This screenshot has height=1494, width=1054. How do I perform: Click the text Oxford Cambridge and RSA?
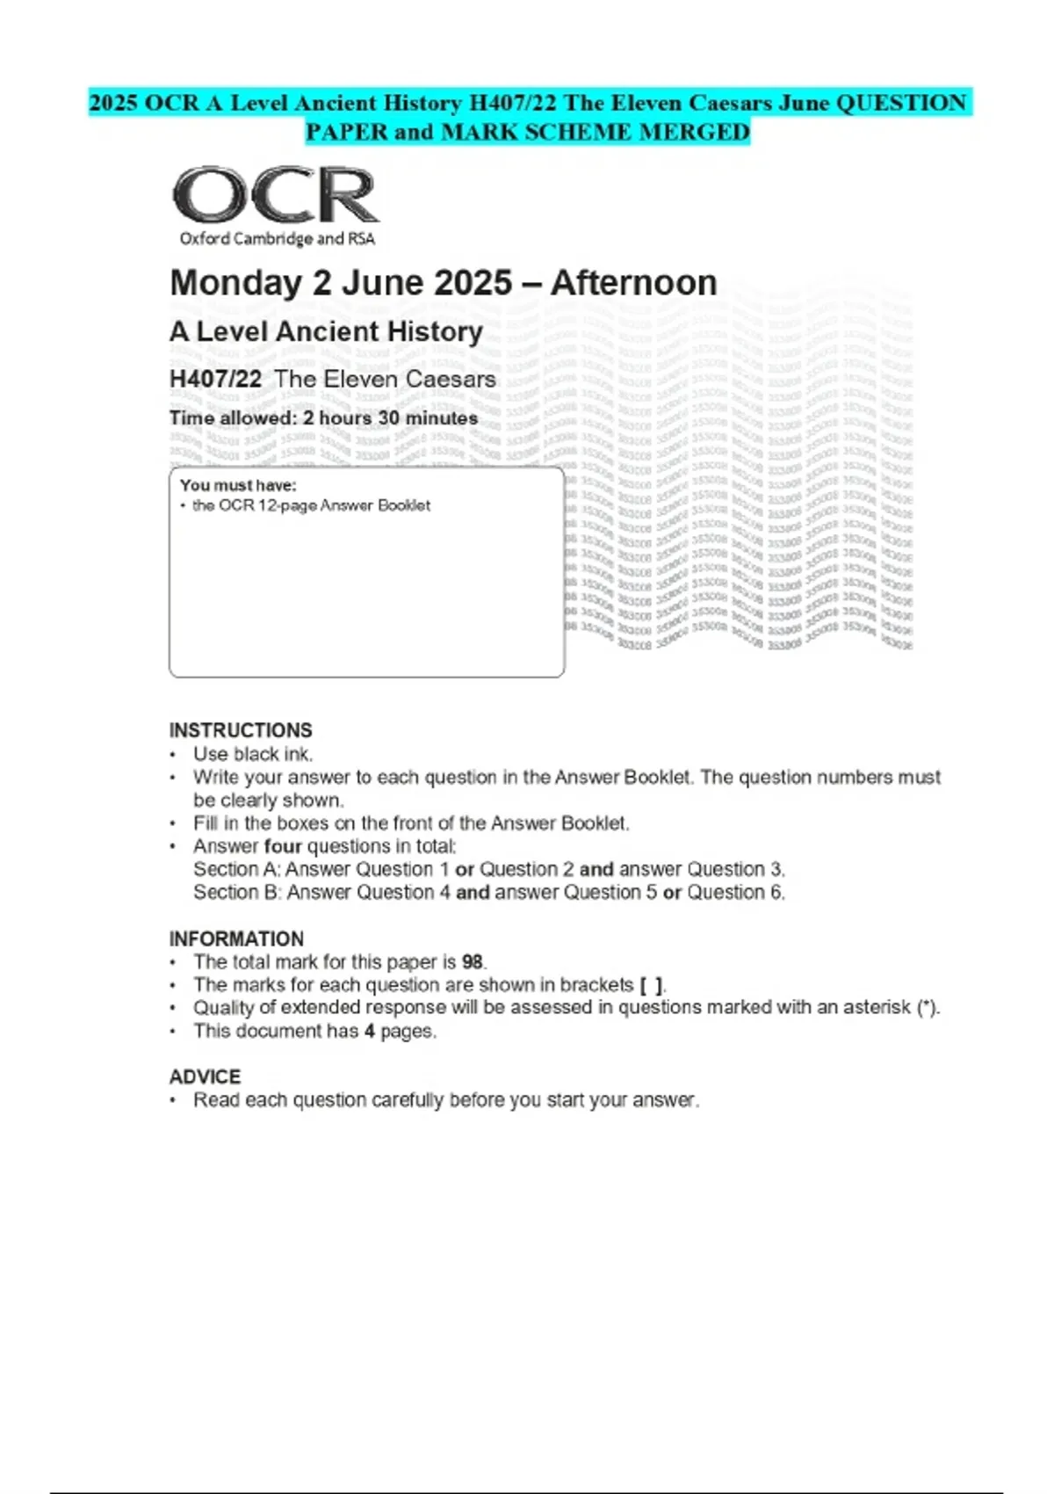click(x=277, y=239)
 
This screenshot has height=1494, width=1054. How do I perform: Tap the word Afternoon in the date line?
click(x=633, y=283)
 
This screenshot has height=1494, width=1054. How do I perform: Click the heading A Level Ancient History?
click(x=326, y=331)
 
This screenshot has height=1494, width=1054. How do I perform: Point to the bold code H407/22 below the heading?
click(x=215, y=380)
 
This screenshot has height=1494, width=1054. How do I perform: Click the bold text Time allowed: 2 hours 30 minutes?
click(x=323, y=418)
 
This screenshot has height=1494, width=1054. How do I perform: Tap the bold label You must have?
click(x=238, y=485)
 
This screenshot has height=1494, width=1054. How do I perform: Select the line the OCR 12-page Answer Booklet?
click(x=311, y=505)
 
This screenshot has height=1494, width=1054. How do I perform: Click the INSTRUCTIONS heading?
click(x=241, y=730)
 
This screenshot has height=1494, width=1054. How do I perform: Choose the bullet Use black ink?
click(x=253, y=754)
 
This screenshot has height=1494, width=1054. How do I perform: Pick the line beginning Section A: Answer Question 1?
click(x=488, y=869)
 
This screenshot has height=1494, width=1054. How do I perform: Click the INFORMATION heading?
click(x=236, y=939)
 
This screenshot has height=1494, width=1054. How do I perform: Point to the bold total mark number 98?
click(x=473, y=962)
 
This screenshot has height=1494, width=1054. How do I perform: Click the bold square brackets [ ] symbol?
click(x=652, y=985)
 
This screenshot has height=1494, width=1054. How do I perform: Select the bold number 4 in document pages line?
click(x=370, y=1031)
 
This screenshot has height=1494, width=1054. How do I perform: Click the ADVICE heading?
click(x=205, y=1077)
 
